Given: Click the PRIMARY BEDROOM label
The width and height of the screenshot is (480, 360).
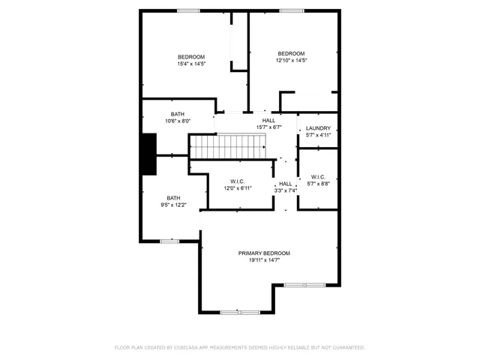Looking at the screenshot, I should coord(264,253).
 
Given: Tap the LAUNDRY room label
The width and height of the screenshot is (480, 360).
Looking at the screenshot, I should coord(318,128).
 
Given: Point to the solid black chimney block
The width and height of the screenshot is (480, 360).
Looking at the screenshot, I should coord(148,154).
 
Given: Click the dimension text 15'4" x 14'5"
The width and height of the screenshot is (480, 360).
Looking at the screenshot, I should coord(191,64).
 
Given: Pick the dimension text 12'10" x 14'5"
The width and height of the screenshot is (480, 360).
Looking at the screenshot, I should coord(292,61).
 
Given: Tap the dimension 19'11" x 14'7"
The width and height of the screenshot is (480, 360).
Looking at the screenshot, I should coord(264,261).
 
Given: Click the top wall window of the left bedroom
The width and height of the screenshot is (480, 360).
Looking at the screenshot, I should coord(188,10).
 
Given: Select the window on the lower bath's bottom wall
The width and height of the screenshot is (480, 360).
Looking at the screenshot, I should coord(169,241).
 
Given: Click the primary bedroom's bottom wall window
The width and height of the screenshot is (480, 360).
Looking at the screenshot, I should coord(239,311).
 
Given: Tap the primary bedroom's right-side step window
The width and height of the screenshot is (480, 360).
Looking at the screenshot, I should coord(304,285).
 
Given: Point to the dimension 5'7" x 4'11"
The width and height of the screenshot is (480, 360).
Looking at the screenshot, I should coord(318,135).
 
